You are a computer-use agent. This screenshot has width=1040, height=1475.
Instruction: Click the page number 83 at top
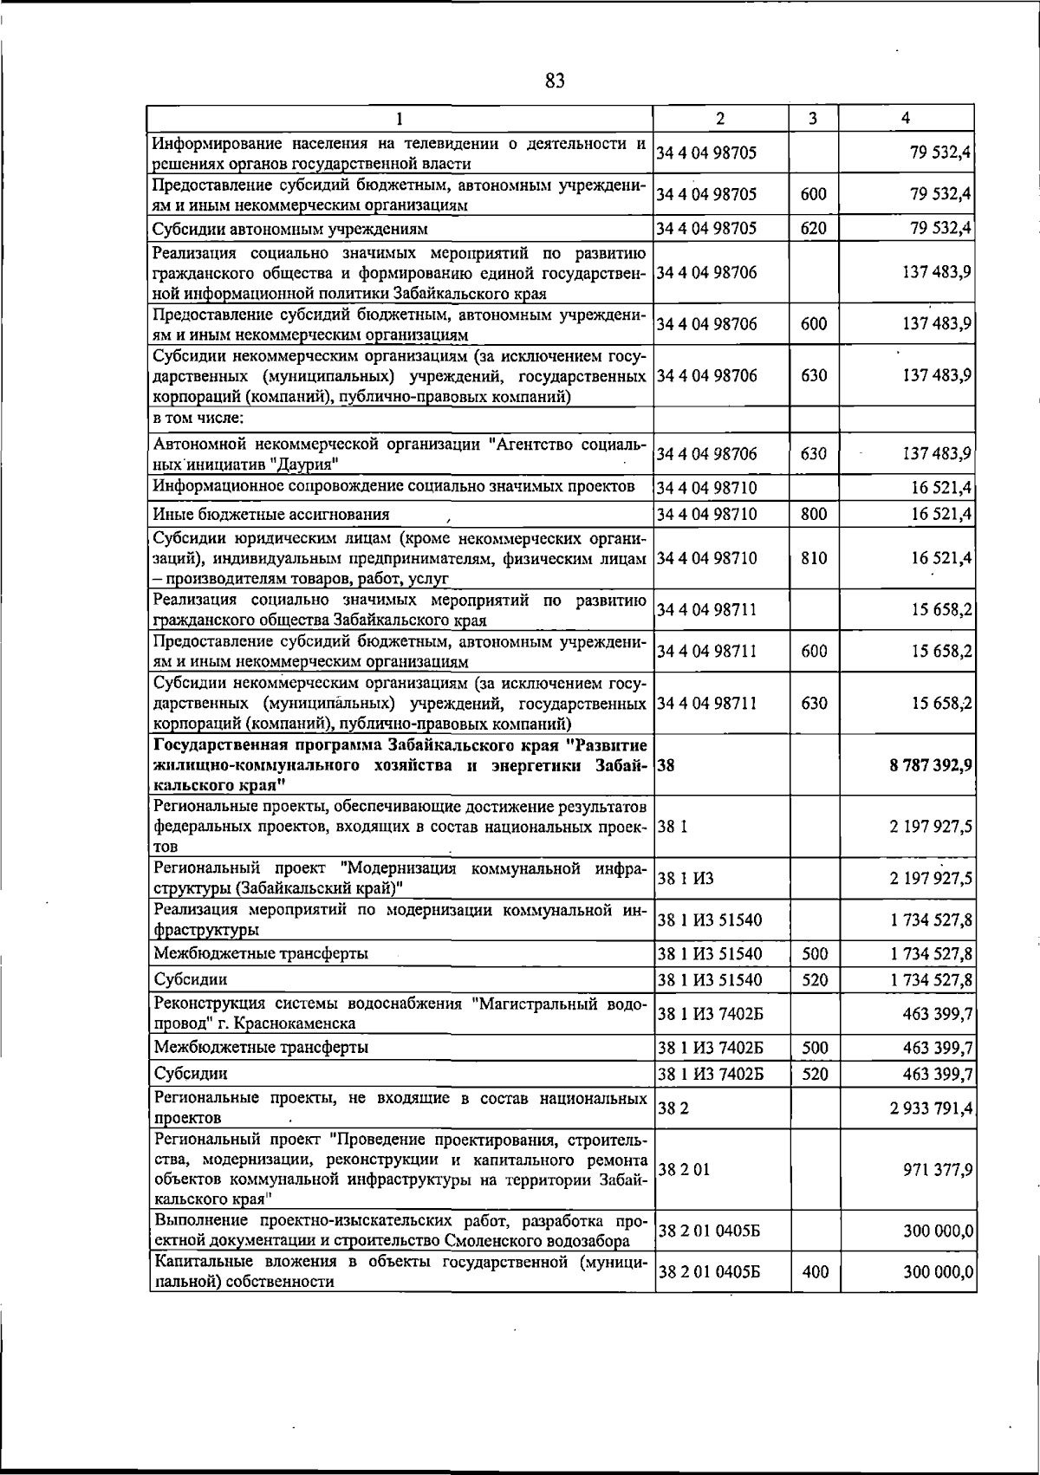556,81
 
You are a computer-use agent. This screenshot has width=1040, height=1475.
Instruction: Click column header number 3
813,119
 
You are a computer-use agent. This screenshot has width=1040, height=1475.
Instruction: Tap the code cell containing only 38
666,765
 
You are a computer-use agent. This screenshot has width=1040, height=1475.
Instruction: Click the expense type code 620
813,229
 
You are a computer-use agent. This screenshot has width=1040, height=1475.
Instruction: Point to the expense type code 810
813,558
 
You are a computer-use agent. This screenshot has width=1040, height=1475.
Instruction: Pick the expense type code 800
813,514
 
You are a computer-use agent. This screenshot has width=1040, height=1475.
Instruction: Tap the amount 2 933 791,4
930,1108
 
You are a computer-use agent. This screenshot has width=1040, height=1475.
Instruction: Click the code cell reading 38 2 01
684,1169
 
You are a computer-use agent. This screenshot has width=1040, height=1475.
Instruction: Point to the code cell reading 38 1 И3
686,878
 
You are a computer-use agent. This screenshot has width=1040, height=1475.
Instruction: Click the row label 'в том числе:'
198,419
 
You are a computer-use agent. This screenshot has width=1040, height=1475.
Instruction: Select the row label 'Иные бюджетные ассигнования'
270,514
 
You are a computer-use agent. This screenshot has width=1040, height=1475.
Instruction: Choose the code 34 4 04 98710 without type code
706,488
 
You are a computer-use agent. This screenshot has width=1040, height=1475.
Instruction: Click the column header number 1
399,119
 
